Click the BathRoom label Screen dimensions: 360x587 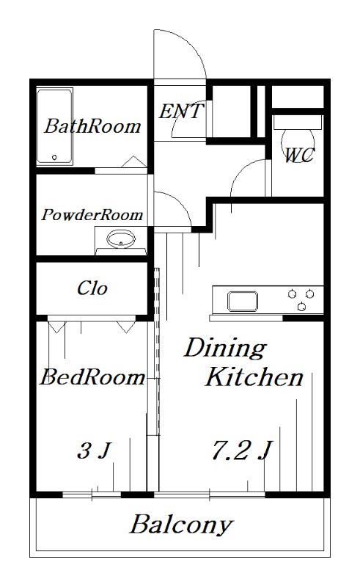tap(92, 126)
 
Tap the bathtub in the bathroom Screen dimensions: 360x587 tap(54, 126)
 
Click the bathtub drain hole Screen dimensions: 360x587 tap(54, 157)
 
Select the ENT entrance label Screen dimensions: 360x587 tap(181, 112)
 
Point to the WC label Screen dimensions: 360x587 tap(299, 155)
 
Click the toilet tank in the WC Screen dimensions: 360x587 tap(298, 122)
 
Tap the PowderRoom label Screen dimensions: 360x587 tap(92, 215)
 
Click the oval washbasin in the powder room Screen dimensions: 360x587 tap(121, 239)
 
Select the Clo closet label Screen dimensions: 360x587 tap(92, 288)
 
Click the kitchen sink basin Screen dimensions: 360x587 tap(243, 302)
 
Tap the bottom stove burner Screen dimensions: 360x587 tap(301, 307)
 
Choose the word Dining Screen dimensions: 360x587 tap(225, 349)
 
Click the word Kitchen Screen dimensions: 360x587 tap(254, 376)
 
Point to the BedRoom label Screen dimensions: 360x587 tap(92, 377)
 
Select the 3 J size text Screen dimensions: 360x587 tap(94, 451)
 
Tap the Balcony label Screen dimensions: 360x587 tap(182, 525)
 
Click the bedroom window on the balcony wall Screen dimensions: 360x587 tap(92, 495)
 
